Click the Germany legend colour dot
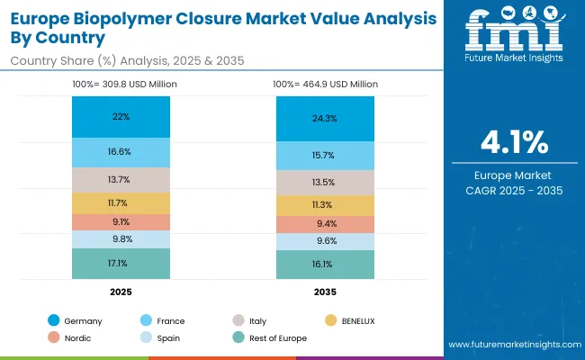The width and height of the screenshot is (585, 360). click(54, 320)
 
